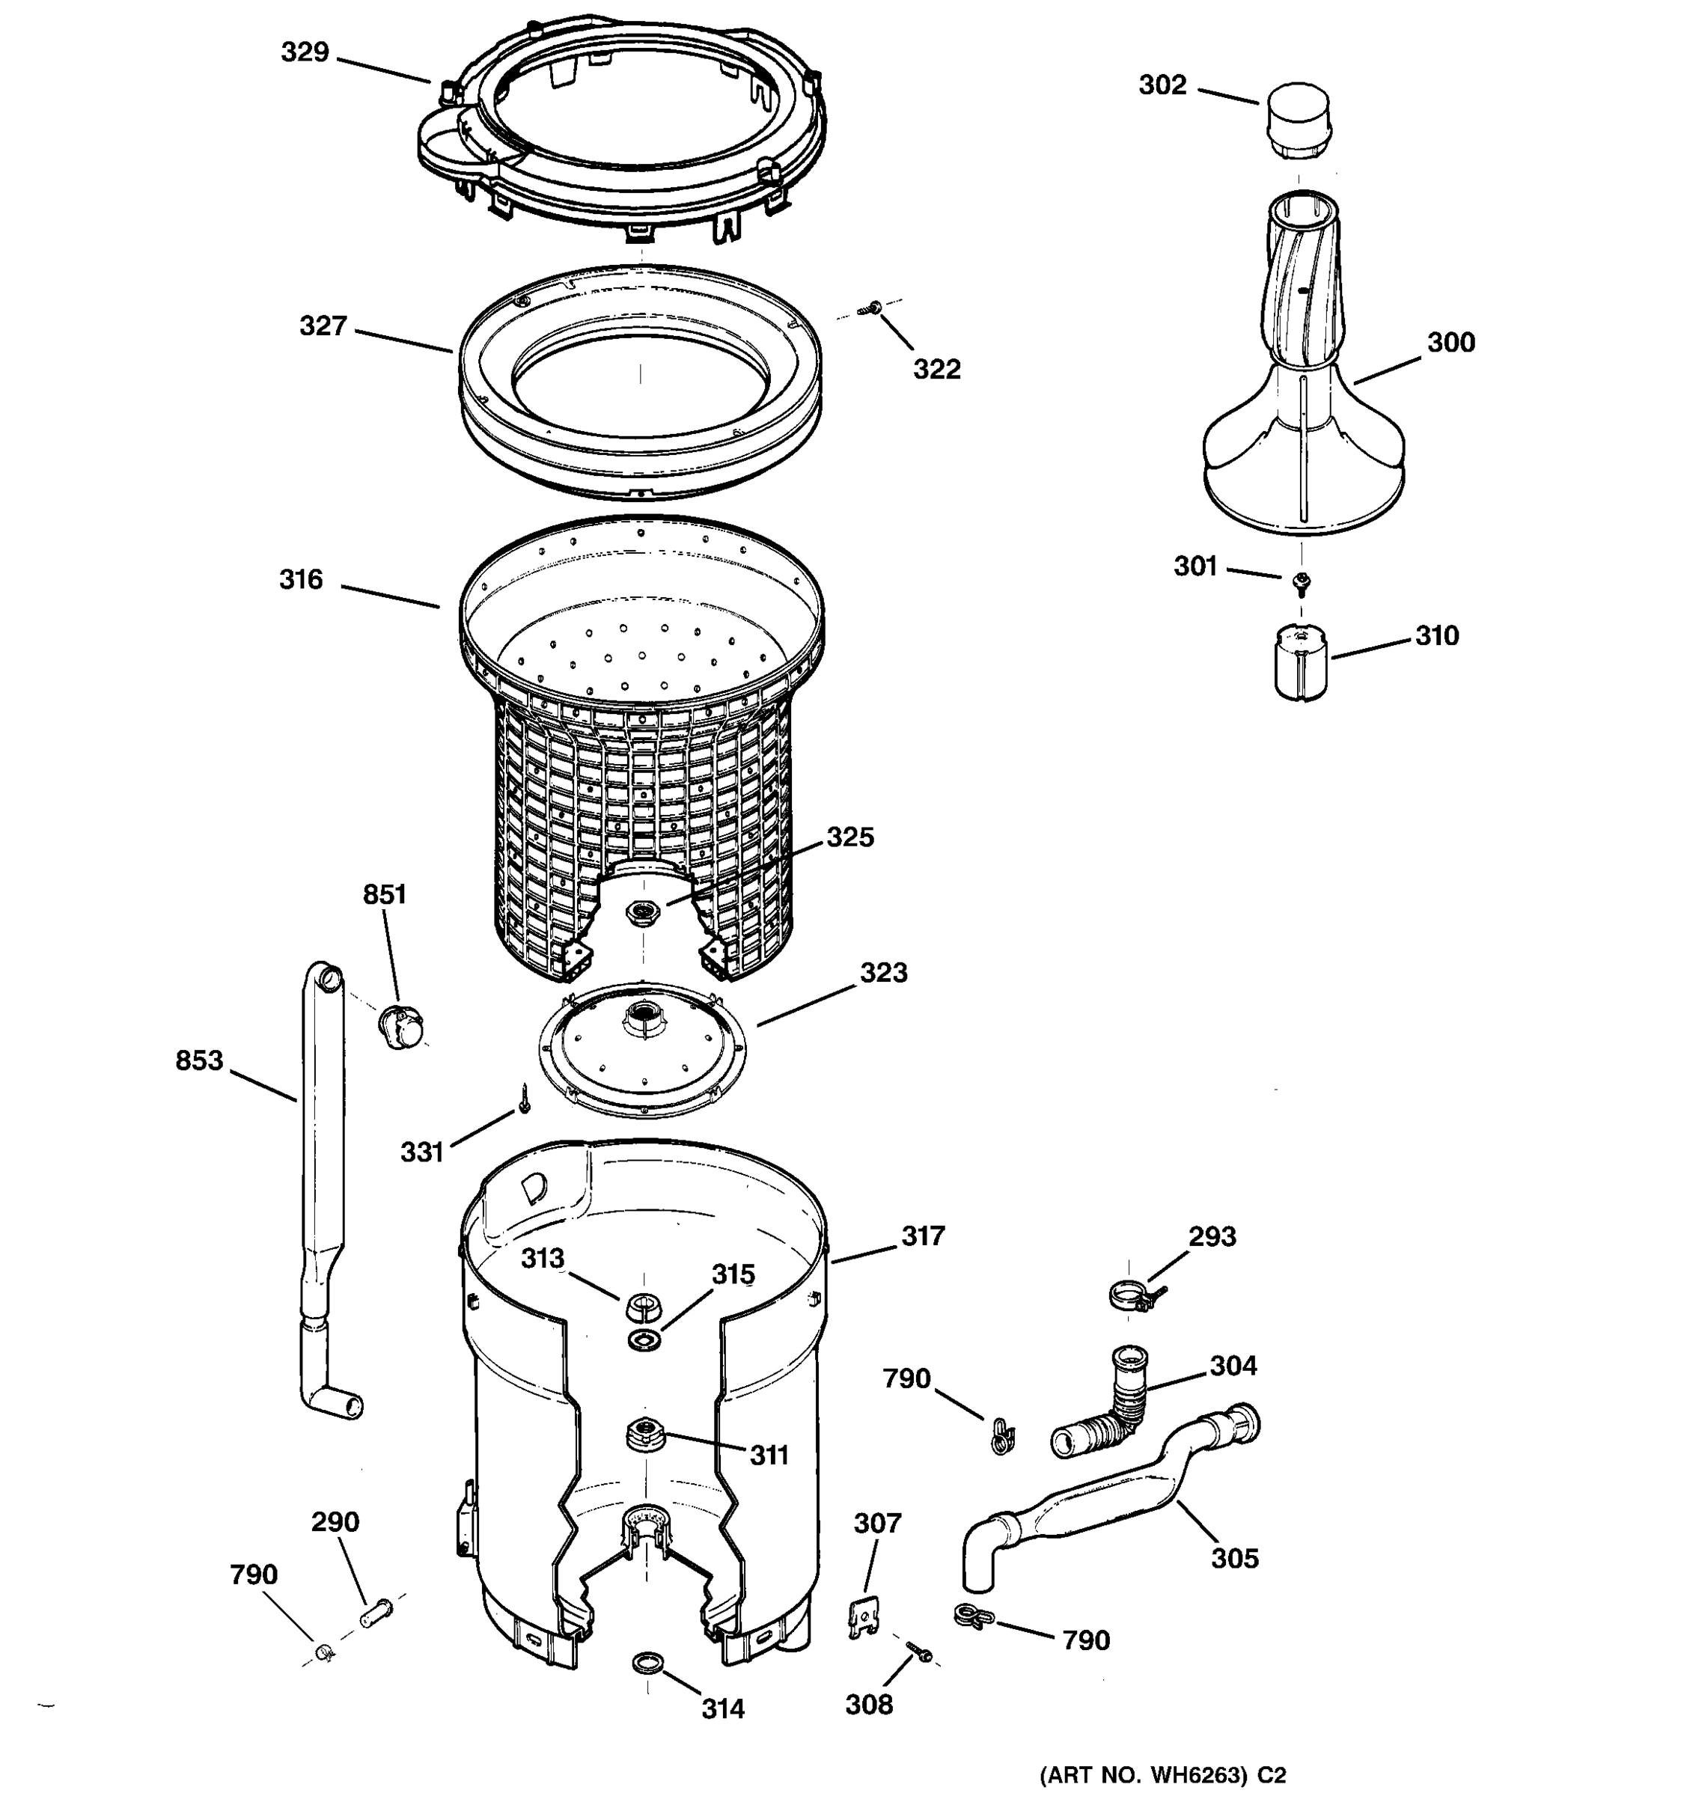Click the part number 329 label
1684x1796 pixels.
[x=305, y=52]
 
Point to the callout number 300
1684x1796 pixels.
[x=1450, y=343]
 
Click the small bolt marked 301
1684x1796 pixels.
[x=1301, y=583]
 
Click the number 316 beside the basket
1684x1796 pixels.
[x=301, y=579]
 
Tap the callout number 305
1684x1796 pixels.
[x=1233, y=1557]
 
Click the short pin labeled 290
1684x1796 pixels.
[x=376, y=1613]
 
